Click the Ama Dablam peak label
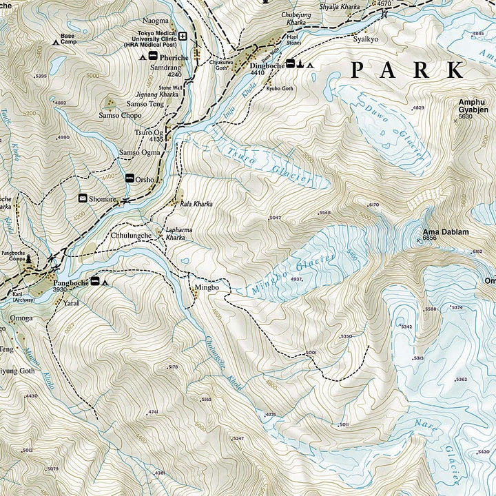(x=445, y=232)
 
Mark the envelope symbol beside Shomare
(x=83, y=199)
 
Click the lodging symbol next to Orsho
(x=130, y=178)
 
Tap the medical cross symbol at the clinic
(x=183, y=37)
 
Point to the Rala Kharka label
(x=197, y=205)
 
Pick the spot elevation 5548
(x=325, y=213)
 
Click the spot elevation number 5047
(x=276, y=218)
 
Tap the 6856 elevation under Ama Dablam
(x=431, y=239)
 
